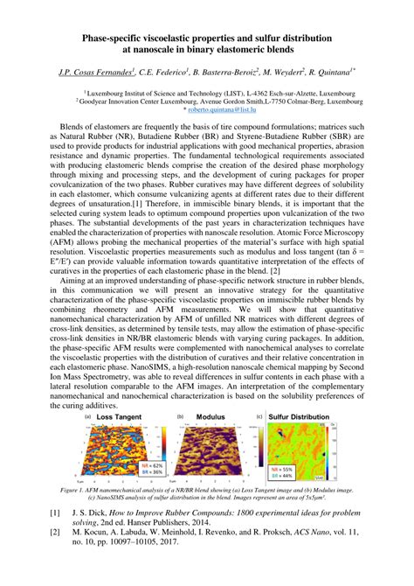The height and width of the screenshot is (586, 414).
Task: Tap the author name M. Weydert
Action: point(279,73)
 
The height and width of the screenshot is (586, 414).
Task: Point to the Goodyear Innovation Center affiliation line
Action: point(206,101)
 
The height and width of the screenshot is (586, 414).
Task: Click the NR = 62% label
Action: point(151,466)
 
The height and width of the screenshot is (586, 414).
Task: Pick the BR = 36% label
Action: point(151,473)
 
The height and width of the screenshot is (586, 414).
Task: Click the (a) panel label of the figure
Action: point(88,417)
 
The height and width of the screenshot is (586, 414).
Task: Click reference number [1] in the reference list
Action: point(55,513)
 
